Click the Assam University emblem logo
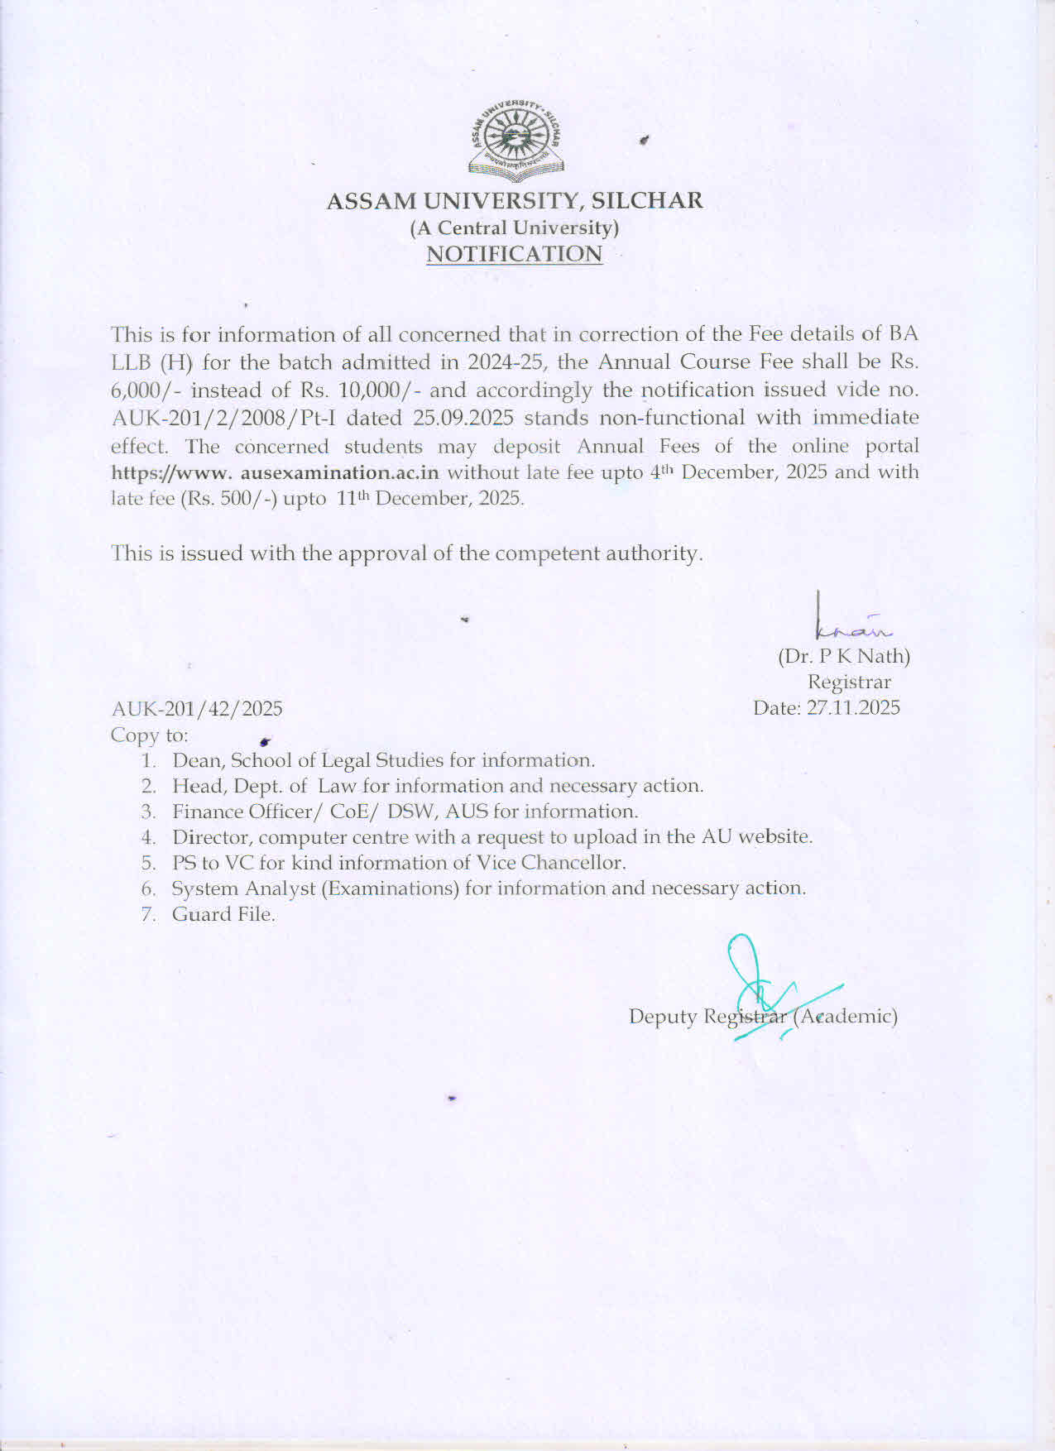tap(516, 140)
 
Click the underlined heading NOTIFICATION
tap(514, 254)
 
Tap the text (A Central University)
tap(515, 227)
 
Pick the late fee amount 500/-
tap(247, 500)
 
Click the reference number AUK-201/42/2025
tap(197, 709)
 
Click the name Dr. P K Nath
tap(844, 657)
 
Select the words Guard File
tap(223, 915)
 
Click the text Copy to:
tap(150, 735)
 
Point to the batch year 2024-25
tap(498, 363)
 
